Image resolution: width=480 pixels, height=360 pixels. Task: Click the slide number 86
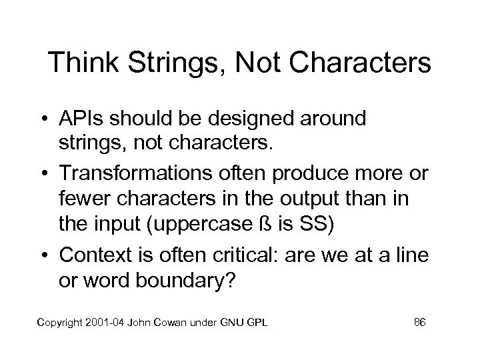tap(419, 323)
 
